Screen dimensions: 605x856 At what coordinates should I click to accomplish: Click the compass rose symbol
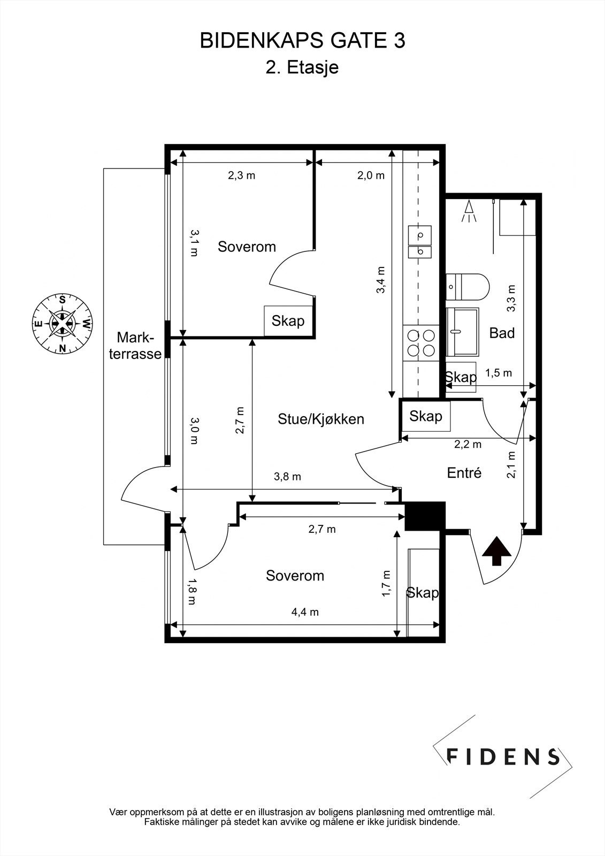(x=62, y=323)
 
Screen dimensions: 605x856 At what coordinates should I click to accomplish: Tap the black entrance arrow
(x=496, y=551)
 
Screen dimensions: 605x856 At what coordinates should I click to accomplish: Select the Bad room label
(x=502, y=333)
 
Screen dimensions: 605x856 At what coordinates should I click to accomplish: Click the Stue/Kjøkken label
(x=320, y=419)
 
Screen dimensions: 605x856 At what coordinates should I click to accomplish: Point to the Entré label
(x=464, y=473)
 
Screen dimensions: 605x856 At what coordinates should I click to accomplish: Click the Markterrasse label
(x=135, y=346)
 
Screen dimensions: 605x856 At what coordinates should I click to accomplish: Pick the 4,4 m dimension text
(x=305, y=612)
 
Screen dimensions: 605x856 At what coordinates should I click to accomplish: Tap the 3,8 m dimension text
(x=287, y=477)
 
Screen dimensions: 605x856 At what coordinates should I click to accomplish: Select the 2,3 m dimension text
(x=242, y=175)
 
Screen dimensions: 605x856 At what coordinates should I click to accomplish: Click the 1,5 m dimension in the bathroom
(x=499, y=372)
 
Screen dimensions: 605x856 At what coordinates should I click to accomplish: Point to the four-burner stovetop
(x=421, y=343)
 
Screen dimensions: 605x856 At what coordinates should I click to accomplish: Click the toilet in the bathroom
(x=468, y=287)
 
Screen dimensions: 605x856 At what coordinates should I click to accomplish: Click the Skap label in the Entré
(x=426, y=416)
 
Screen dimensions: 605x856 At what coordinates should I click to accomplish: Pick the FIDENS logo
(x=502, y=756)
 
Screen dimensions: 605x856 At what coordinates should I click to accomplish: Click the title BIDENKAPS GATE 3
(x=302, y=41)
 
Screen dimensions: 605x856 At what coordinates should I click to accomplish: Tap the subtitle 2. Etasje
(x=302, y=67)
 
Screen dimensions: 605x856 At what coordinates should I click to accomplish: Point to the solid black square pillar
(x=425, y=516)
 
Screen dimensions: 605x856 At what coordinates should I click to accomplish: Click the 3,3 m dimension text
(x=511, y=299)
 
